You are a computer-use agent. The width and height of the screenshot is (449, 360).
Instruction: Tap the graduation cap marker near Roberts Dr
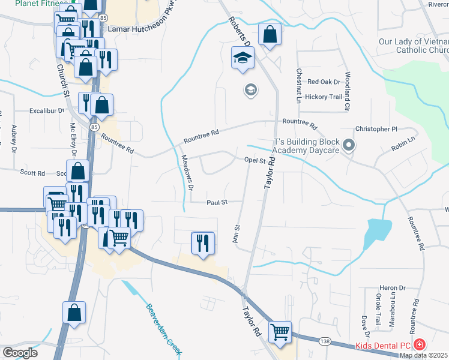243,59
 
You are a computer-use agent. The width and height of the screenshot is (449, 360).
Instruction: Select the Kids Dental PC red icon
420,345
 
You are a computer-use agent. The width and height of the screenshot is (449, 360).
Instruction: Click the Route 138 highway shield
325,341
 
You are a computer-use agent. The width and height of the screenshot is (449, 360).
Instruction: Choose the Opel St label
255,160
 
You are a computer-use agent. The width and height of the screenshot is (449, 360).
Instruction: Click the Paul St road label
216,202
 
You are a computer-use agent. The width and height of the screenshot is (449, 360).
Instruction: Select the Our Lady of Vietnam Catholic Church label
414,46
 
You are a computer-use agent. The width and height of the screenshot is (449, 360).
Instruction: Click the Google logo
20,353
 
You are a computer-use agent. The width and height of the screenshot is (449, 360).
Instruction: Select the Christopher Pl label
376,129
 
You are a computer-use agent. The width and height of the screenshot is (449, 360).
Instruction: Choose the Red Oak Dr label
324,82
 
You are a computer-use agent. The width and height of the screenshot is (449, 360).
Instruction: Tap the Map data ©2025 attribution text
424,355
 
